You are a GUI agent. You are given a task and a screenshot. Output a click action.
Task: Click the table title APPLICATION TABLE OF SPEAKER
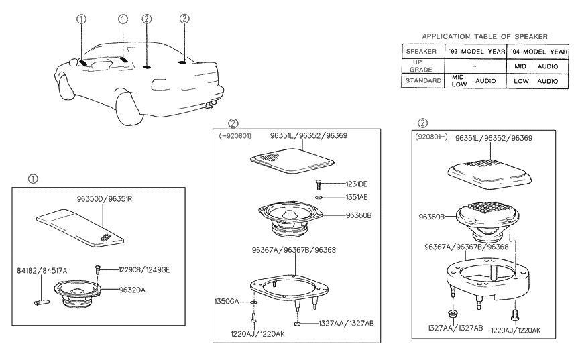coord(484,36)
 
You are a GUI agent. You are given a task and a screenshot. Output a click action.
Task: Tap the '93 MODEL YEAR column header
coord(476,51)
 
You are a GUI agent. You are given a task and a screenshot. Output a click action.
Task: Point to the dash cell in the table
coord(474,66)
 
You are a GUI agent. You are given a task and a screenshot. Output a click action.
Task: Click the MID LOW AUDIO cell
coord(474,81)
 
